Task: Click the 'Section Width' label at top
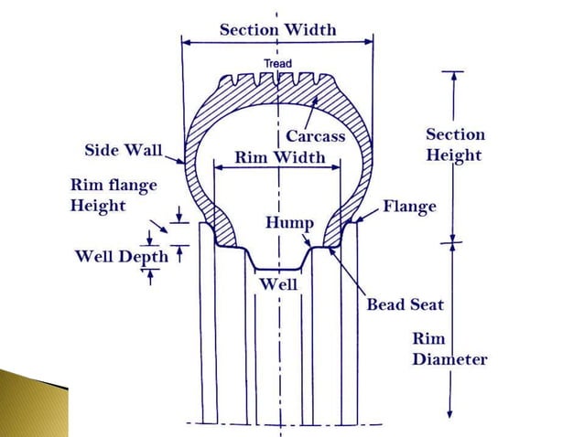(x=277, y=29)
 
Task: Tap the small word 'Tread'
(x=277, y=63)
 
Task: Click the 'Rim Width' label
(x=279, y=157)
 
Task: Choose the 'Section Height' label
(x=455, y=144)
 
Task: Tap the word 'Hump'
(x=289, y=223)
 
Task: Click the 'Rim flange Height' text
(x=114, y=195)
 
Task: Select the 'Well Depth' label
(x=121, y=256)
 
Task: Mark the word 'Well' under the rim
(x=278, y=283)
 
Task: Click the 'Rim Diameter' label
(x=449, y=349)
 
